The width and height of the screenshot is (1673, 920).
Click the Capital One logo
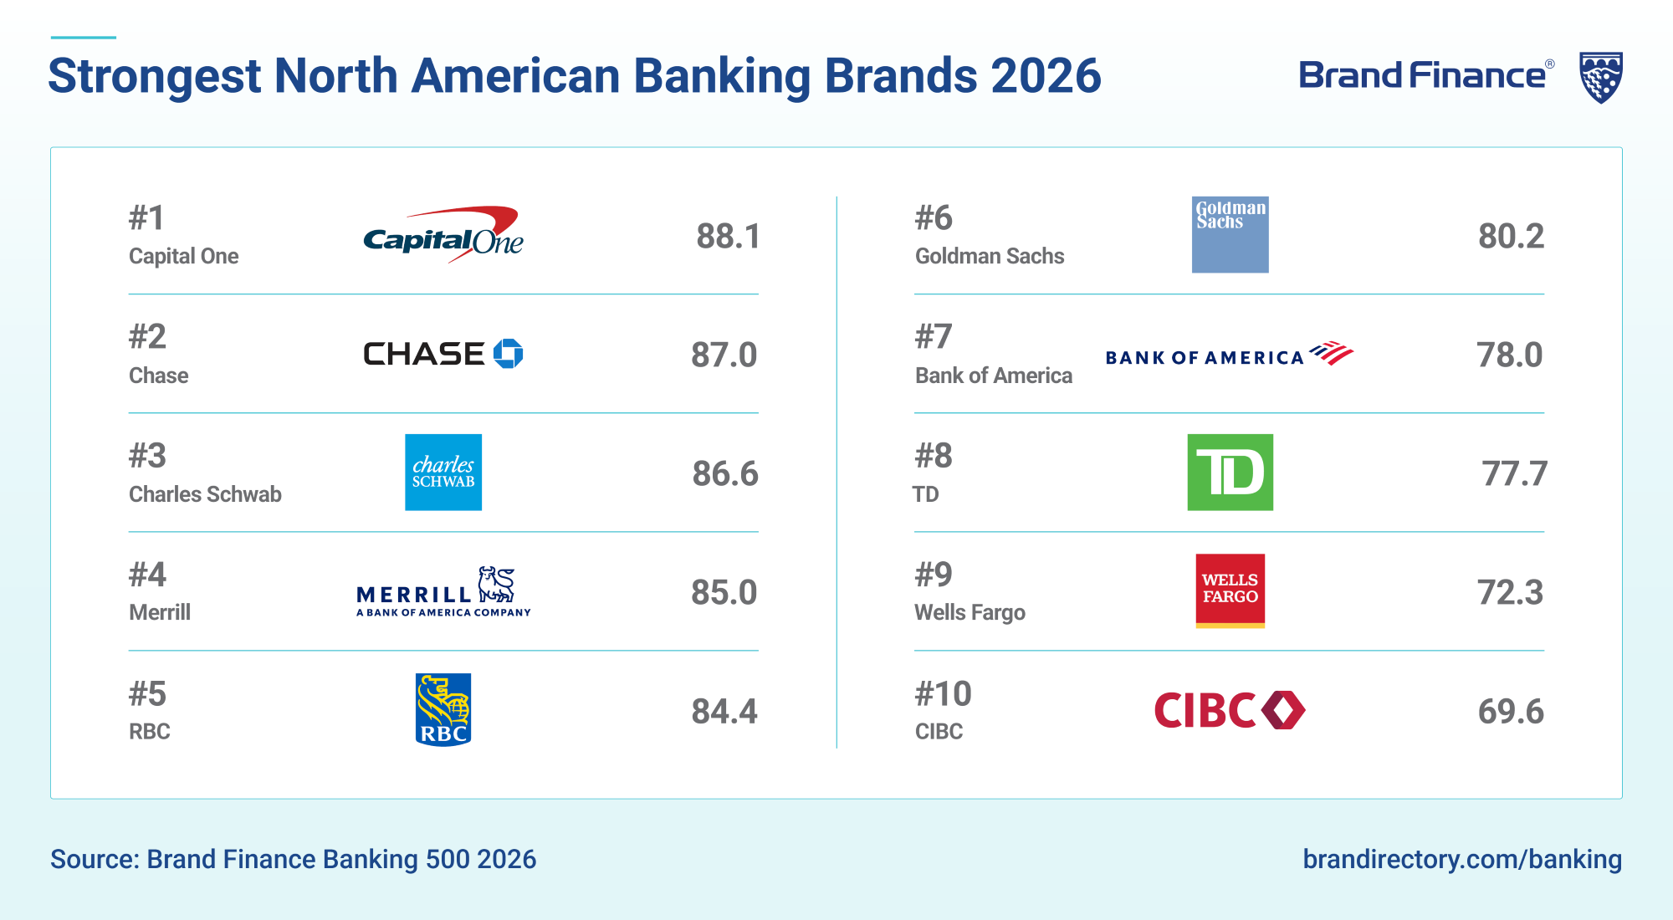pos(443,235)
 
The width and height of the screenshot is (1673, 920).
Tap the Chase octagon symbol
pos(508,354)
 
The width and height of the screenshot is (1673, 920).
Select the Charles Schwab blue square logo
pos(443,473)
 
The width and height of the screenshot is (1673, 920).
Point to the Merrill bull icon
pos(496,585)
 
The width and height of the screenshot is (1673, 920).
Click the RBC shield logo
pos(443,710)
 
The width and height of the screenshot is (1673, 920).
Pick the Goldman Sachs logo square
pos(1230,235)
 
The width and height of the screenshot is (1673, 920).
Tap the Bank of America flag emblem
pos(1332,353)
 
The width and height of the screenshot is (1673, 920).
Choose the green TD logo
pos(1230,473)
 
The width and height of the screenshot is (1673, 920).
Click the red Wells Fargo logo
pos(1230,590)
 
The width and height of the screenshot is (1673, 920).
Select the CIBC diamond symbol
pos(1283,710)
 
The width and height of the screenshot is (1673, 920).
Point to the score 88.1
pos(729,237)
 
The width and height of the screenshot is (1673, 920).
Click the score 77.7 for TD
pos(1515,474)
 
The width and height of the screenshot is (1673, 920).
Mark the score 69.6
pos(1511,712)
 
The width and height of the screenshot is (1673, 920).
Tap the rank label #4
pos(147,575)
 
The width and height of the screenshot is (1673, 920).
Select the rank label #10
pos(944,693)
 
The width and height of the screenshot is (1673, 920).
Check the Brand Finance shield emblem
pos(1601,77)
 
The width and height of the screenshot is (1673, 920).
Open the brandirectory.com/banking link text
pos(1462,859)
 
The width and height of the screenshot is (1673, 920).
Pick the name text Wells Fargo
pos(970,613)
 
